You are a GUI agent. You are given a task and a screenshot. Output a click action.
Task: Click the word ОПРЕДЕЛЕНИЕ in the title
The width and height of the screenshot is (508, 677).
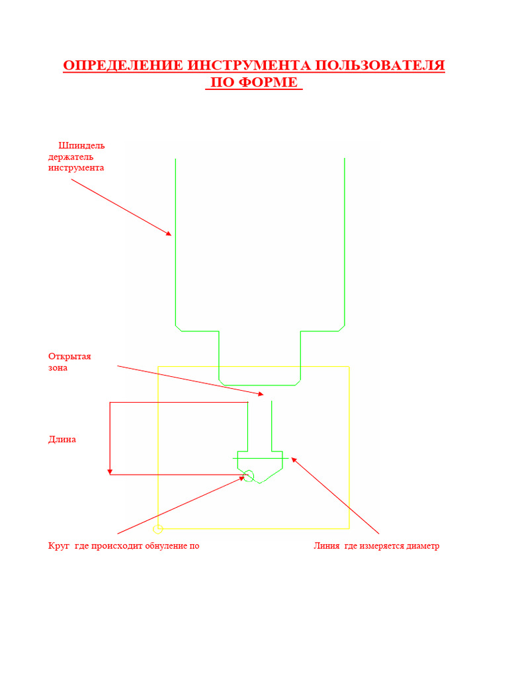click(x=123, y=65)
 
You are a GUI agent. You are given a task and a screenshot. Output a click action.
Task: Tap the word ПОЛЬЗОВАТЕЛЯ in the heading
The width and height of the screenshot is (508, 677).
click(x=380, y=65)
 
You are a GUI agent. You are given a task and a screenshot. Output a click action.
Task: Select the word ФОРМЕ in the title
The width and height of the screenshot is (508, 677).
click(x=268, y=83)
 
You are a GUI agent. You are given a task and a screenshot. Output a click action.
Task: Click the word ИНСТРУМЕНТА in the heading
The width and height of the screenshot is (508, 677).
click(x=249, y=65)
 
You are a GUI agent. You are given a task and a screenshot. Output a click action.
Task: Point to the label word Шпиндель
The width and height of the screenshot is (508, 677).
click(x=81, y=146)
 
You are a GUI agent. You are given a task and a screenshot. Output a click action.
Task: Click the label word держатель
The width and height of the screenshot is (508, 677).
click(x=70, y=157)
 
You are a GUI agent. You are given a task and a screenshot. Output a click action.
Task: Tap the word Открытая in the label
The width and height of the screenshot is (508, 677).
click(x=69, y=356)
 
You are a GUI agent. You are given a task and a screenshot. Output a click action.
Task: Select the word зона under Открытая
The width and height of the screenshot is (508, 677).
click(x=58, y=368)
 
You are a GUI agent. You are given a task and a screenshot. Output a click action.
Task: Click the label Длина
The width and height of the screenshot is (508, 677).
click(x=62, y=440)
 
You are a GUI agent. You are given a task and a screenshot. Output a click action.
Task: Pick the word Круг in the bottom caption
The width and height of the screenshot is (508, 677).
click(x=59, y=545)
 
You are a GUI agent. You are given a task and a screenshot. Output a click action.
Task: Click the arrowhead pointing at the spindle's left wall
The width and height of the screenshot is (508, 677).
click(x=169, y=233)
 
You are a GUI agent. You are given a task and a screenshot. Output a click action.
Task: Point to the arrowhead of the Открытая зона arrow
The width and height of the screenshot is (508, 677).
click(x=261, y=394)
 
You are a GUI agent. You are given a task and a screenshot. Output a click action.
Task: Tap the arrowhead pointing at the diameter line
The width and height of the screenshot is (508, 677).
click(x=294, y=460)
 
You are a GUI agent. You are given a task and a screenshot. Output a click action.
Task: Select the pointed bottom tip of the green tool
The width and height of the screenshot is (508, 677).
click(x=259, y=483)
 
